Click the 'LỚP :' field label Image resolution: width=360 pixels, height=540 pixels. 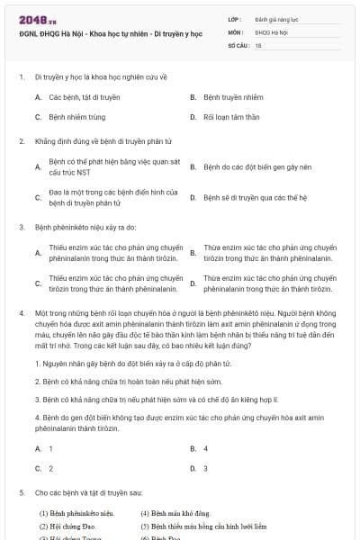point(235,18)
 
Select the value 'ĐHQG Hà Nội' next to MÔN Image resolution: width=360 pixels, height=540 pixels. point(269,31)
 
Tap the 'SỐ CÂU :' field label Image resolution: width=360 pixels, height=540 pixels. point(238,44)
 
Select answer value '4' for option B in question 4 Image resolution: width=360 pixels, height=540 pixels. point(206,447)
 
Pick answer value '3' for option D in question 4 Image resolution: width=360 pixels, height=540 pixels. point(206,468)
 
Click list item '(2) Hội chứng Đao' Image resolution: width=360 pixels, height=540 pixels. point(67,525)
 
